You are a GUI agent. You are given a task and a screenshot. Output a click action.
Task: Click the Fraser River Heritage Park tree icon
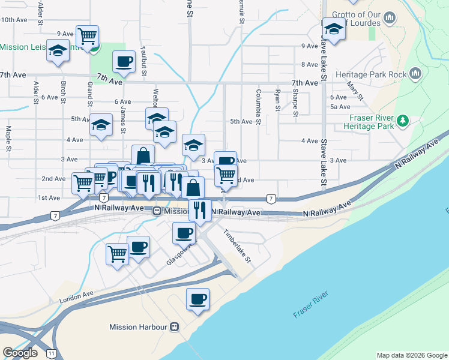[x=405, y=121]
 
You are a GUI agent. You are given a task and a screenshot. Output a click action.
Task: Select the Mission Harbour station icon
[x=175, y=327]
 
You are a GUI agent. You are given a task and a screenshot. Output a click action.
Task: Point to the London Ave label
[x=77, y=296]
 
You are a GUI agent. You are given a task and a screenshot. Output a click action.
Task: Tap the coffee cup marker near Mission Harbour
[x=197, y=298]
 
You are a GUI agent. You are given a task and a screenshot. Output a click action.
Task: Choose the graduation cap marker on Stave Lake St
[x=334, y=28]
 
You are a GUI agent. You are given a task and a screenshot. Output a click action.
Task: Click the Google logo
[x=20, y=353]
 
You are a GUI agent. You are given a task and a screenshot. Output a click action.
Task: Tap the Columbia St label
[x=259, y=107]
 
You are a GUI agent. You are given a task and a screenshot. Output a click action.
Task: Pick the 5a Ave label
[x=340, y=107]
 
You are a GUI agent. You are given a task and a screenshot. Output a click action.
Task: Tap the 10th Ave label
[x=14, y=20]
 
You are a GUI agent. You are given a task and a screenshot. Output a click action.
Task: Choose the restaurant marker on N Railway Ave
[x=200, y=209]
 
